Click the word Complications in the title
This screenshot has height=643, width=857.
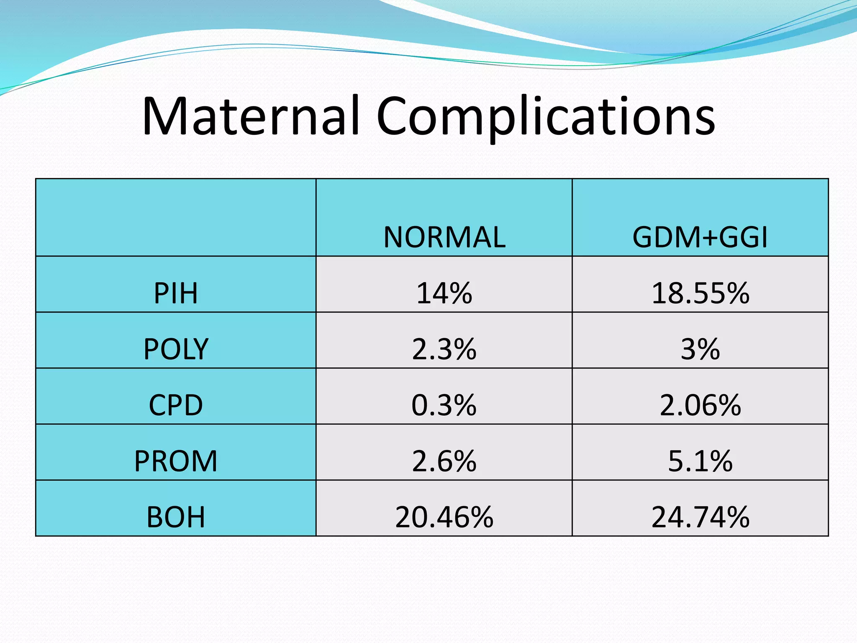point(546,117)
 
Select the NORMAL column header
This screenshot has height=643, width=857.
point(444,237)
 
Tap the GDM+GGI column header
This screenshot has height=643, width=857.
point(700,237)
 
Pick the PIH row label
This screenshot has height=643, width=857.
point(176,293)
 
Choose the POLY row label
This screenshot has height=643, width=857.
point(176,349)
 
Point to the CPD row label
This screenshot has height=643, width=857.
point(176,405)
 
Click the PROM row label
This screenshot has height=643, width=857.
point(176,461)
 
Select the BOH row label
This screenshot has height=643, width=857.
point(176,517)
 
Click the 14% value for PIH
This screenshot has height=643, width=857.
point(444,293)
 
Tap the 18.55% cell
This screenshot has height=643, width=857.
point(700,293)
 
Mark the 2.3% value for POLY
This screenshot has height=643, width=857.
point(444,349)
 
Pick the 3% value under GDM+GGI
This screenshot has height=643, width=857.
point(700,349)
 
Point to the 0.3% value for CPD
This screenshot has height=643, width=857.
point(444,405)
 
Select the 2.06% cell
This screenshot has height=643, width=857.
point(700,405)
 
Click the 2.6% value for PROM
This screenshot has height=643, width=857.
point(444,461)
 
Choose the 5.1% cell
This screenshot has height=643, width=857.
point(700,461)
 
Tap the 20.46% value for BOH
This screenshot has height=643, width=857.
point(444,517)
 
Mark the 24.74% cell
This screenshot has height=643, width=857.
point(700,517)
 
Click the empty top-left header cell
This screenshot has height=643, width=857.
point(176,217)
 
